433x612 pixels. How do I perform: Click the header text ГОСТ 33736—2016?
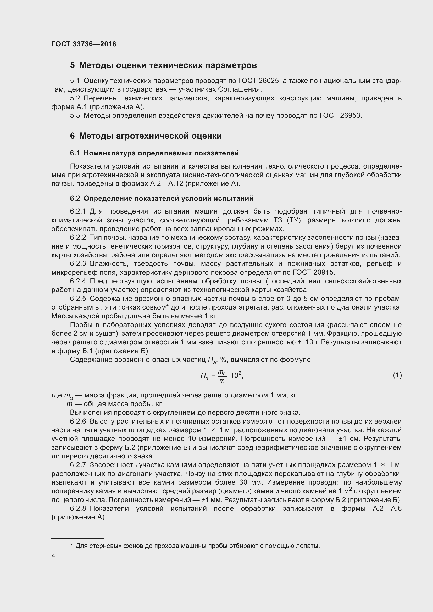pos(84,44)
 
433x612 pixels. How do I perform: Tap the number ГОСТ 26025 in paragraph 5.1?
pos(259,81)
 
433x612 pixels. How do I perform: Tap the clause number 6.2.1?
pos(77,211)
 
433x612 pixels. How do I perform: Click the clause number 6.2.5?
pos(78,299)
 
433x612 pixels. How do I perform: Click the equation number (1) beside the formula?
pos(397,375)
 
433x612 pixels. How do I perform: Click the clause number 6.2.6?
pos(78,422)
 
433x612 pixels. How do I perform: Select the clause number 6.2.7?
pos(78,465)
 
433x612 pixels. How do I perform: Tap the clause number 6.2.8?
pos(78,509)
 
